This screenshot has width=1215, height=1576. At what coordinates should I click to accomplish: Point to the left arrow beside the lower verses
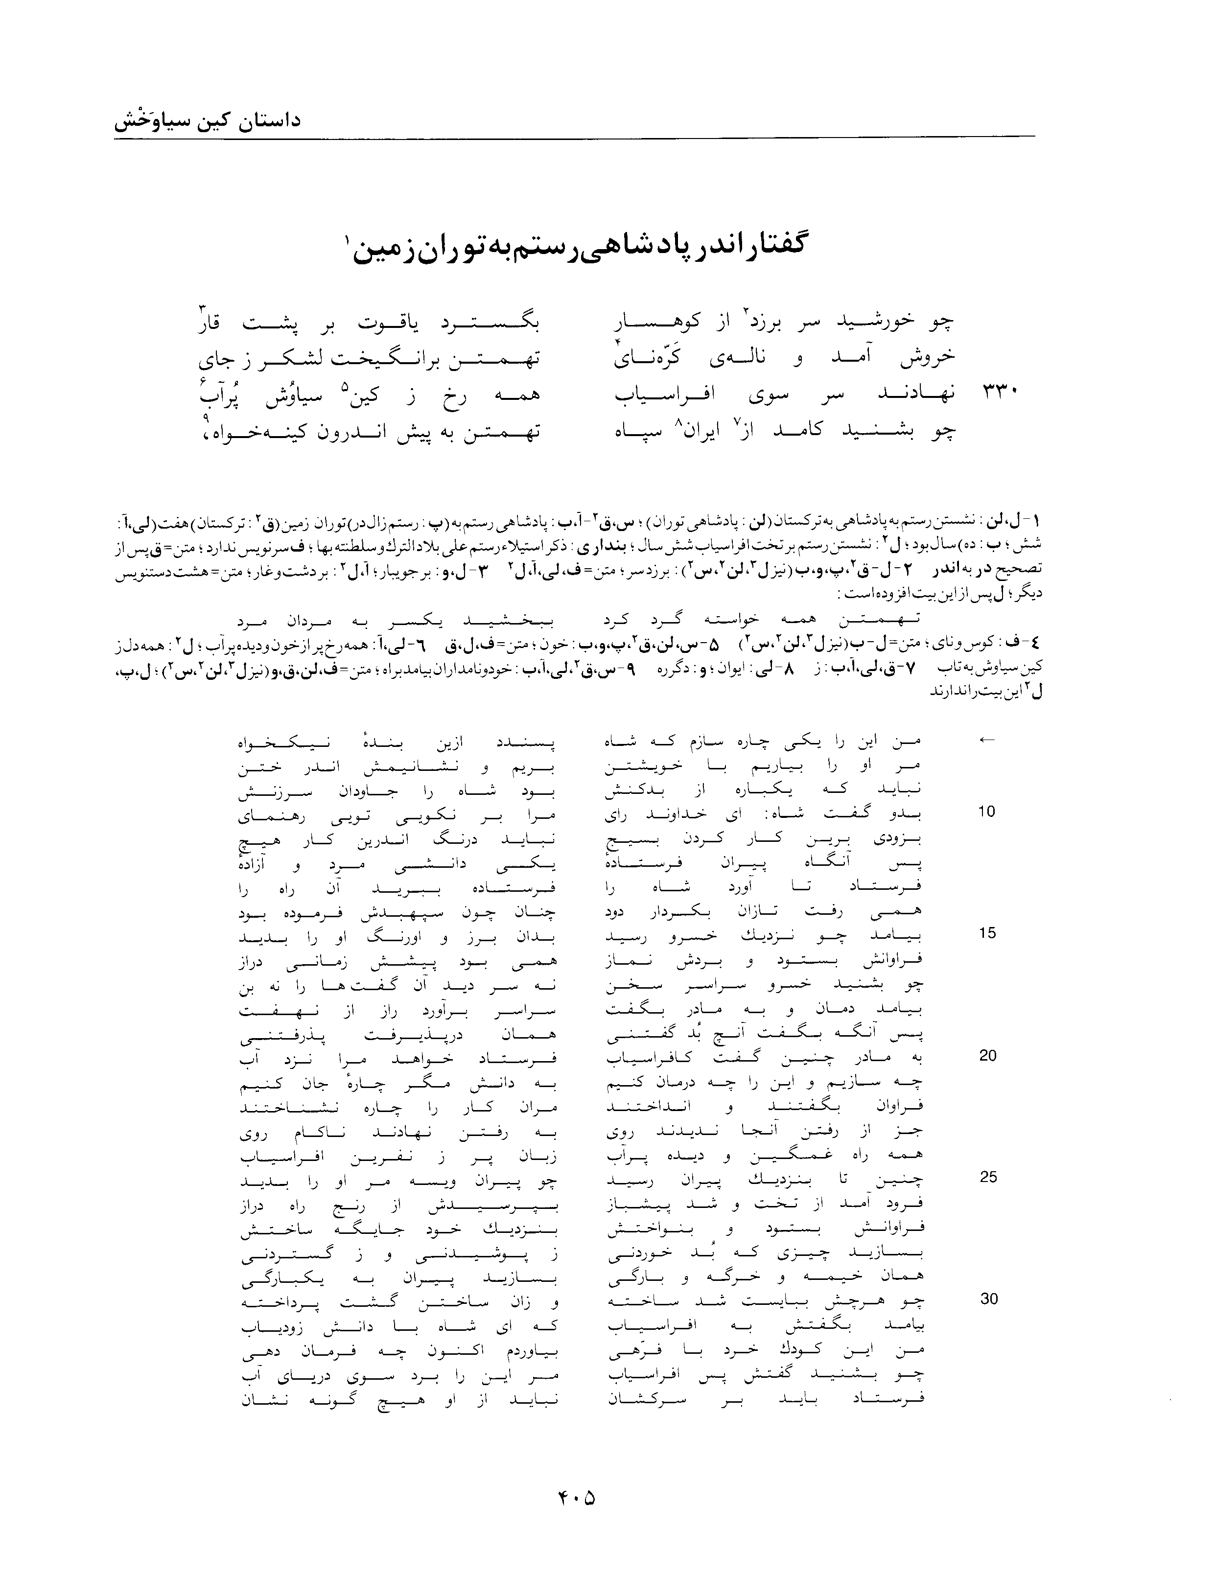[x=986, y=740]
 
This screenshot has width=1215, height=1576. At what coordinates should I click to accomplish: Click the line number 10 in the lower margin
[x=986, y=811]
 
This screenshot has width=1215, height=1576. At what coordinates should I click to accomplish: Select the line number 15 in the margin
[x=986, y=933]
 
